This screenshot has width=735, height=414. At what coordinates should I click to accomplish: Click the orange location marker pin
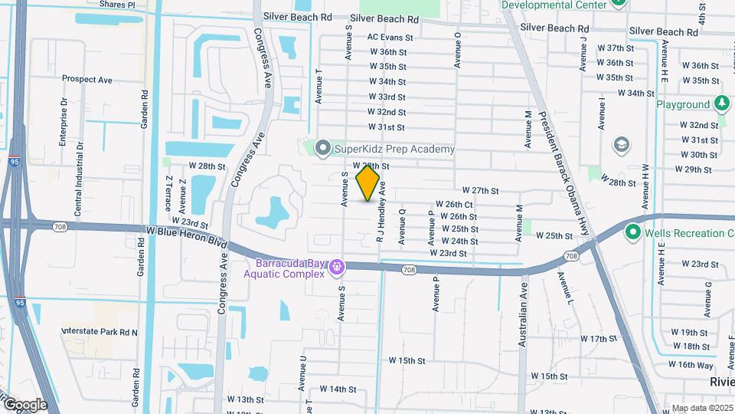click(368, 183)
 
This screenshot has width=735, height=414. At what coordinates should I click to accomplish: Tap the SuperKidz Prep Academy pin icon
click(323, 149)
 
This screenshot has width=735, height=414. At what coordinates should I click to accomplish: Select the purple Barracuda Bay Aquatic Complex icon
click(337, 267)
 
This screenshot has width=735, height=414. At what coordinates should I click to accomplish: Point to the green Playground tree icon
click(721, 103)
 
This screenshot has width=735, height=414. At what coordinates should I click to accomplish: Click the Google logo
click(24, 404)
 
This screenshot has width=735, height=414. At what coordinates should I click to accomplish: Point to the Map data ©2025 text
click(702, 409)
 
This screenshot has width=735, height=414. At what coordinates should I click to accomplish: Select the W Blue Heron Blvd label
click(187, 236)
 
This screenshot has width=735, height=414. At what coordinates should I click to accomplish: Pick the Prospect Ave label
click(87, 79)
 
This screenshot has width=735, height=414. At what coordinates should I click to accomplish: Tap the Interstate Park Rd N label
click(100, 332)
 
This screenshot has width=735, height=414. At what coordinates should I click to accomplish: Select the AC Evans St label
click(390, 37)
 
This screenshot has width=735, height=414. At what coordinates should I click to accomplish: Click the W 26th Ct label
click(454, 205)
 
